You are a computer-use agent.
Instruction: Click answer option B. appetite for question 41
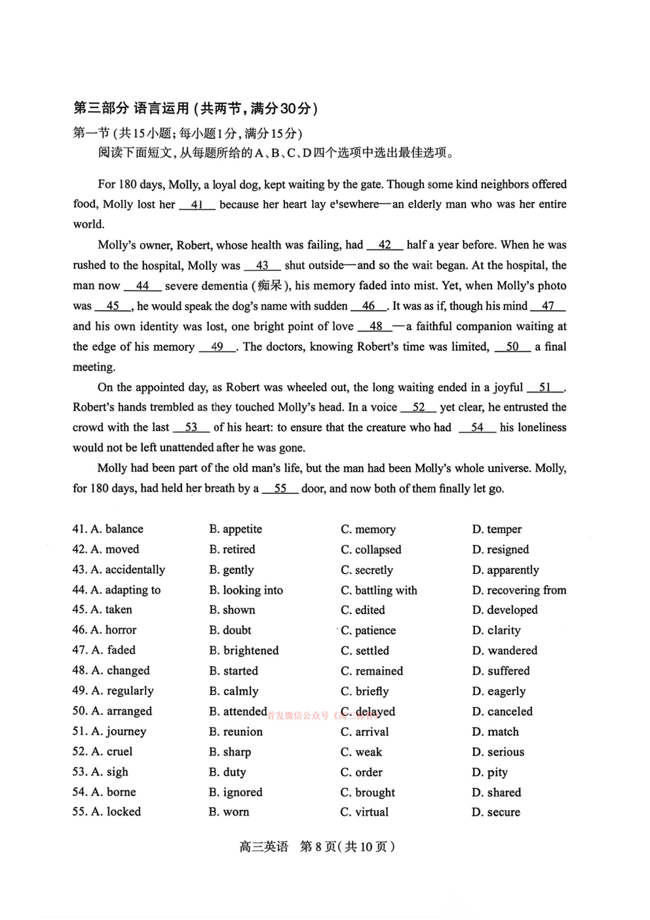pos(235,529)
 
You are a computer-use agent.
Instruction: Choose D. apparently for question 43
pos(505,570)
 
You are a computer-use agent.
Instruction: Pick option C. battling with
pos(379,590)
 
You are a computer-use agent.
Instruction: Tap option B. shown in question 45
pos(232,610)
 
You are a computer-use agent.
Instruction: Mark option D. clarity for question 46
pos(496,630)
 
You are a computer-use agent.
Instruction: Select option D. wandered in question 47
pos(505,650)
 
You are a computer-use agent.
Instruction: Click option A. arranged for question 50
pos(112,711)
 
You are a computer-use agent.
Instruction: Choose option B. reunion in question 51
pos(236,732)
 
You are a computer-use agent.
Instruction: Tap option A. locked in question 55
pos(107,812)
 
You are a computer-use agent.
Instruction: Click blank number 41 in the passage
pos(197,205)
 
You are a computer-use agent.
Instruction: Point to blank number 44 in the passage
pos(142,286)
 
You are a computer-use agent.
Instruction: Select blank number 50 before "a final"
pos(512,347)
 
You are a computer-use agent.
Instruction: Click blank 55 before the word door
pos(280,489)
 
